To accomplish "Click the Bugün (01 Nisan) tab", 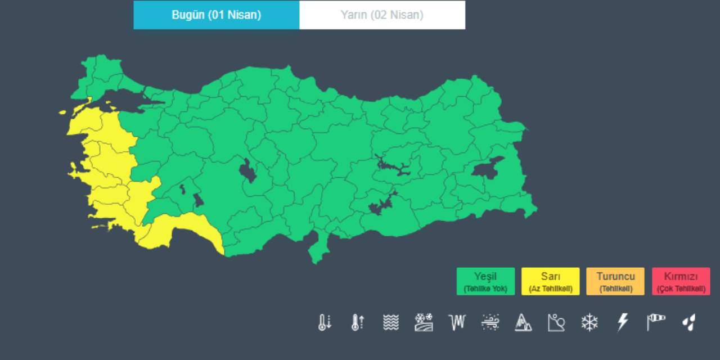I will click(x=216, y=15).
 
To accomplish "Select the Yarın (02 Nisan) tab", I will click(x=382, y=15).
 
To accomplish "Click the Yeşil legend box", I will click(x=485, y=281).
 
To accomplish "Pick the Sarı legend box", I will click(x=550, y=281).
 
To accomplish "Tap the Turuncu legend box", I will click(x=615, y=281).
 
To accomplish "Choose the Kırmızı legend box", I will click(x=681, y=281).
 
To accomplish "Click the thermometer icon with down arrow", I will click(x=325, y=322).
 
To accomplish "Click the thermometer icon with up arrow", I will click(x=358, y=322).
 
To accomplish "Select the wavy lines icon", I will click(x=391, y=322).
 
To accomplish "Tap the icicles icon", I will click(x=457, y=322).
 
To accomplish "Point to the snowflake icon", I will click(x=589, y=322).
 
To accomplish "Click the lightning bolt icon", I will click(x=623, y=322).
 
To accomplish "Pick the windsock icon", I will click(x=655, y=322).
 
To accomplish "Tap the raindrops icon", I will click(x=688, y=322).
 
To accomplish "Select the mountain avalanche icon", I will click(x=523, y=322).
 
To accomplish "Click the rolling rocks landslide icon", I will click(x=556, y=322).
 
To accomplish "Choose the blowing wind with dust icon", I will click(x=490, y=322).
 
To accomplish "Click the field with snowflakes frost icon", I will click(x=424, y=322).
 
